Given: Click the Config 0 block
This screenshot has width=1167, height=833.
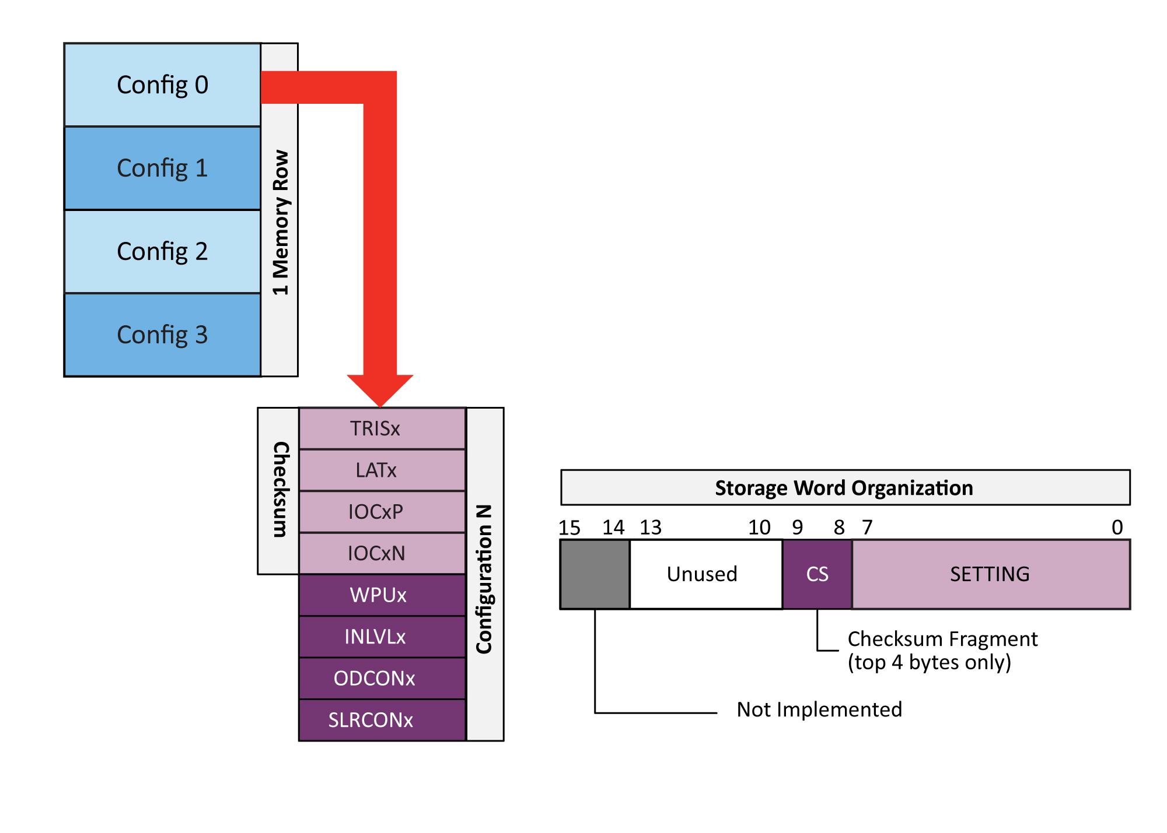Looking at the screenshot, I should pos(162,85).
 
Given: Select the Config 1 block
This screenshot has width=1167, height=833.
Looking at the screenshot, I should pos(162,168).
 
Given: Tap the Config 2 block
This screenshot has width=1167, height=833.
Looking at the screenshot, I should pos(162,252).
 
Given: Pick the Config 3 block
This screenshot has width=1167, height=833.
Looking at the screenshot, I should pos(162,335).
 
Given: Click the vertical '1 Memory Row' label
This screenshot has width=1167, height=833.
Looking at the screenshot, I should pos(280,223).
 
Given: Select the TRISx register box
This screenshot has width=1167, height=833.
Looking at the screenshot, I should pos(382,428).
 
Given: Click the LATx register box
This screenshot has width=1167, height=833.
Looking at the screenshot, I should pos(382,470).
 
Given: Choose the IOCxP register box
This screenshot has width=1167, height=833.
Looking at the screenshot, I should pos(382,512).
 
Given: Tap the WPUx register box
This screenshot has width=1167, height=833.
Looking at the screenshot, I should pos(382,595).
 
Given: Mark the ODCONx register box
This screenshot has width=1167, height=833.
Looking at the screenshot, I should pos(382,679).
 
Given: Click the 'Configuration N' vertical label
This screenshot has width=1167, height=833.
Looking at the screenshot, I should pos(484,579).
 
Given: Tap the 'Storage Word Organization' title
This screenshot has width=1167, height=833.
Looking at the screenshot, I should pos(844,488).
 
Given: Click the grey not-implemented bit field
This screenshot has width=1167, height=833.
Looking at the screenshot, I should pos(595,575).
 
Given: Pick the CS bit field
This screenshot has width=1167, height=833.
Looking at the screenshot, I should pos(817,575).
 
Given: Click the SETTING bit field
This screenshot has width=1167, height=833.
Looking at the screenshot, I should pos(990,575).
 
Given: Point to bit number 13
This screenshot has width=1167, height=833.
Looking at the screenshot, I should pos(651,528).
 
